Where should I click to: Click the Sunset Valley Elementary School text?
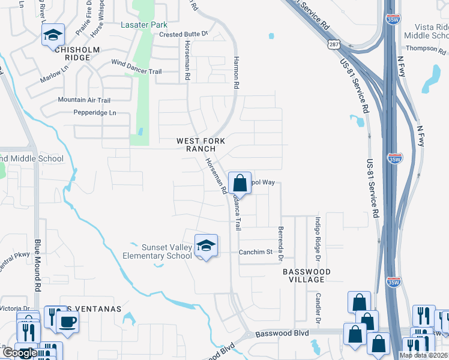click(x=158, y=251)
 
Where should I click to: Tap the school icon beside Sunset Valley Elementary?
click(x=206, y=245)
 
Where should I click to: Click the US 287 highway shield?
click(x=334, y=44)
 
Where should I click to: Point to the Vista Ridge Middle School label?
click(x=426, y=31)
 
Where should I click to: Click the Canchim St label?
click(x=256, y=252)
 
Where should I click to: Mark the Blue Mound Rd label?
click(x=37, y=265)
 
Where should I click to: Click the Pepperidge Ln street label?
click(x=94, y=113)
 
